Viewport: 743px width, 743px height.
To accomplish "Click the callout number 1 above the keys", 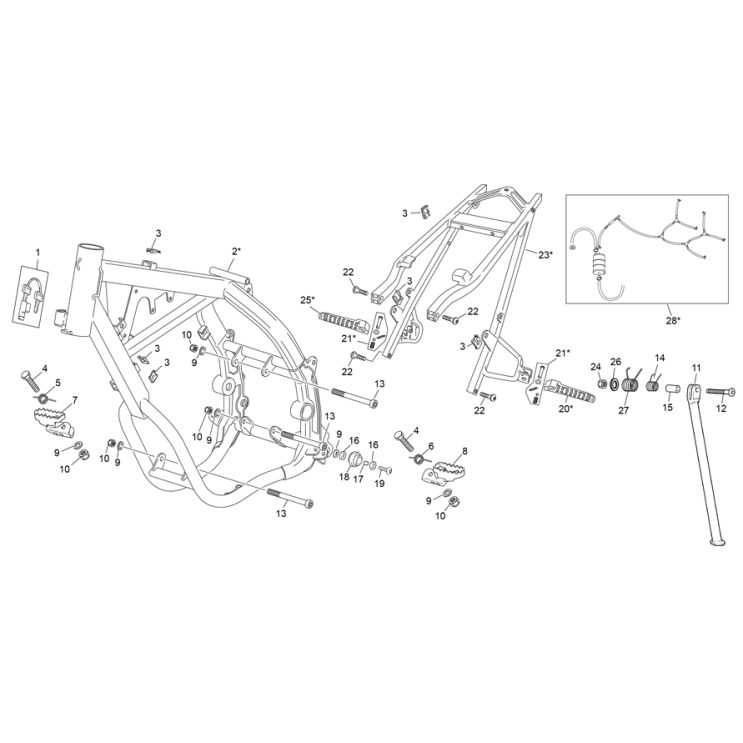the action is tap(38, 252).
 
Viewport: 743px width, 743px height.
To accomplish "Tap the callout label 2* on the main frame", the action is tap(236, 252).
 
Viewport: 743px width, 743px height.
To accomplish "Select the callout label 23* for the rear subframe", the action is tap(545, 255).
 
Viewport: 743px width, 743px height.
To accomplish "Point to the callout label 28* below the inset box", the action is tap(673, 320).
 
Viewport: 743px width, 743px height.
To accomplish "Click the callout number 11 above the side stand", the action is tap(696, 368).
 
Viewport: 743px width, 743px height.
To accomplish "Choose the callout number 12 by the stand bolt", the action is tap(721, 408).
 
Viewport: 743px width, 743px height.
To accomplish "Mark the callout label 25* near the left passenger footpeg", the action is tap(307, 299).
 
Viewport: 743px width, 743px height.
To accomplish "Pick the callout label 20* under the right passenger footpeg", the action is tap(566, 408).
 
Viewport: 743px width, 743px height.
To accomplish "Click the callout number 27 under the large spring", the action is tap(624, 410).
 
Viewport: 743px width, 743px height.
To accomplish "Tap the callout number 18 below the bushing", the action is tap(344, 477).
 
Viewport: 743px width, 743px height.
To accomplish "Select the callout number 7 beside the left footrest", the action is tap(74, 400).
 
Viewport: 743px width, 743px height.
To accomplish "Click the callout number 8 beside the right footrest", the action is tap(464, 451).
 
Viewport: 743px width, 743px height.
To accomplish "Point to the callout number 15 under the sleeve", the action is tap(667, 407).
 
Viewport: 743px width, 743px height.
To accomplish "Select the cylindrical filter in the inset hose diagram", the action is tap(599, 263).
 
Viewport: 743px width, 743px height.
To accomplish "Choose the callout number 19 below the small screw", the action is tap(380, 483).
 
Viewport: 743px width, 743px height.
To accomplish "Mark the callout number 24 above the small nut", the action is tap(596, 367).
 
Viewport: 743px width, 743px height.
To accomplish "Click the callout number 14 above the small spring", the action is tap(660, 358).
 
